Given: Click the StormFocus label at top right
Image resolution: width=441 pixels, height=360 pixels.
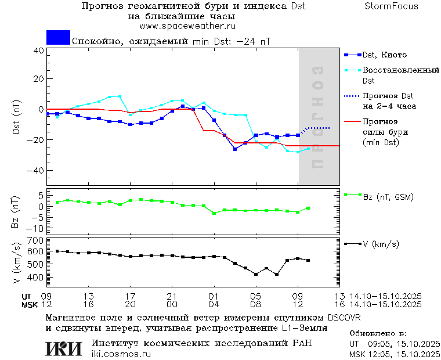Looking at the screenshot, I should pyautogui.click(x=391, y=6).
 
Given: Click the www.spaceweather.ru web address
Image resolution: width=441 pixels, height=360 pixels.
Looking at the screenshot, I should pyautogui.click(x=187, y=26).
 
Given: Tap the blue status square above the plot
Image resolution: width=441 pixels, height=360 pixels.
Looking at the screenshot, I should pyautogui.click(x=58, y=37).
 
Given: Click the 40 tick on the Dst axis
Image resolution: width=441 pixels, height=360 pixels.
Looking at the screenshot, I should pyautogui.click(x=38, y=51).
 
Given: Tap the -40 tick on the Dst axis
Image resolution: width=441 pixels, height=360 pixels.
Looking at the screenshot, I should pyautogui.click(x=36, y=171).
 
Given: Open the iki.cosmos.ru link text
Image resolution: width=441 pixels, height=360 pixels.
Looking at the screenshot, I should pyautogui.click(x=121, y=354).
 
